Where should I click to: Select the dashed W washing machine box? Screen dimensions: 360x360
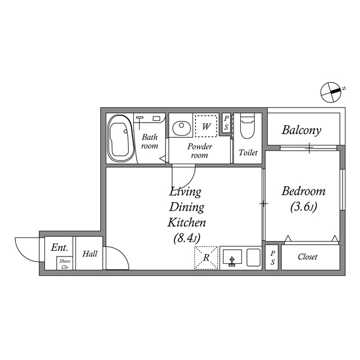206,126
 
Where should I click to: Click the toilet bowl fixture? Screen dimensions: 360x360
247,128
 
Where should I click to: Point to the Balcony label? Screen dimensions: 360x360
301,130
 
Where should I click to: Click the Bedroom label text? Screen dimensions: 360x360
304,191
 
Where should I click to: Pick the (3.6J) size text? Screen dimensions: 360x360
304,207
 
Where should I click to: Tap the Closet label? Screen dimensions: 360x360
308,257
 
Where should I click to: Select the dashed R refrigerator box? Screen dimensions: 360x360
206,258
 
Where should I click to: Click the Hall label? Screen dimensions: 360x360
90,254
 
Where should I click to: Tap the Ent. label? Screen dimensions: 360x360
59,247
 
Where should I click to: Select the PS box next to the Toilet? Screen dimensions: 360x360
226,123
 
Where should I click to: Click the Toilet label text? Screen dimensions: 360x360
248,152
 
